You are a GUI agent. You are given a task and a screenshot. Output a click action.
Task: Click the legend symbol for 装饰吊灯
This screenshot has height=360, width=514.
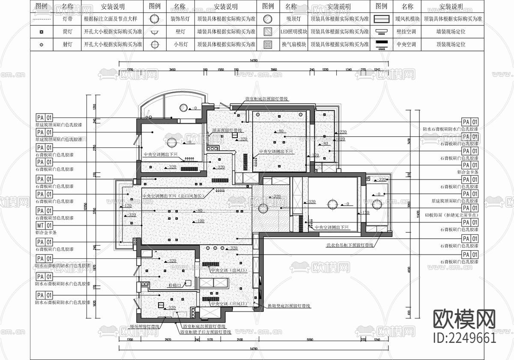(155, 19)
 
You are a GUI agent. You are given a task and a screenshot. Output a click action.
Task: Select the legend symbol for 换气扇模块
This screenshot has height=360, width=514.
(268, 44)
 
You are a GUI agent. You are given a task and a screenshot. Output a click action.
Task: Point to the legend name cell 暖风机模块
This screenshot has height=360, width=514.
(407, 19)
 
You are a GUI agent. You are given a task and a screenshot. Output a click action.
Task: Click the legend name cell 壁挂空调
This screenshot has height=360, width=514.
(407, 32)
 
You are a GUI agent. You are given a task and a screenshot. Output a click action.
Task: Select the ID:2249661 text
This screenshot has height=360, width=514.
(465, 338)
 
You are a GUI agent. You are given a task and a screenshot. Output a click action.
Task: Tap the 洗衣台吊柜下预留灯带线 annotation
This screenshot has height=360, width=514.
(349, 245)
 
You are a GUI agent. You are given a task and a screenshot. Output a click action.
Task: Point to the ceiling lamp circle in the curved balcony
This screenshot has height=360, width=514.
(183, 108)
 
